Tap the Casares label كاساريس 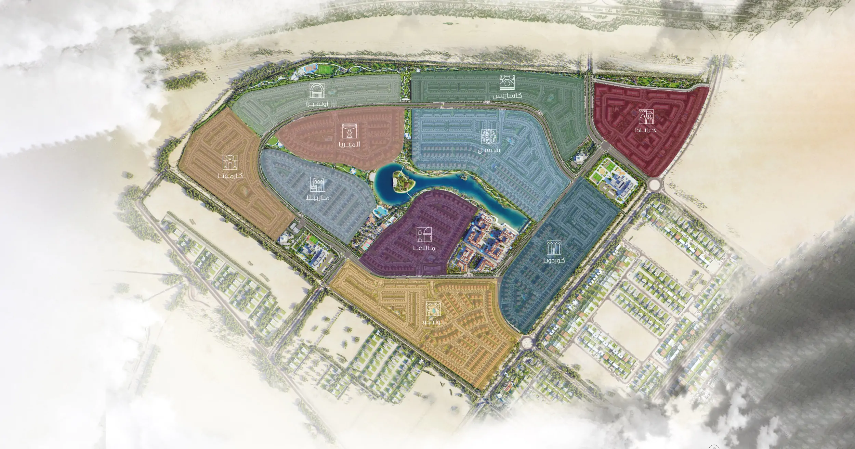click(x=507, y=96)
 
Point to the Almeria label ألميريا click(x=349, y=144)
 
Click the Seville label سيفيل click(x=489, y=150)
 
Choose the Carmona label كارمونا click(x=230, y=176)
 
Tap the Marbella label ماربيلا click(x=318, y=198)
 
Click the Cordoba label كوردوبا click(x=553, y=260)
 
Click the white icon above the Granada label click(x=646, y=117)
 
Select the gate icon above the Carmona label click(x=230, y=162)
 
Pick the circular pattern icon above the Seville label click(x=489, y=137)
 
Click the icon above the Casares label click(x=507, y=82)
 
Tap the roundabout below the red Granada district click(x=655, y=184)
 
